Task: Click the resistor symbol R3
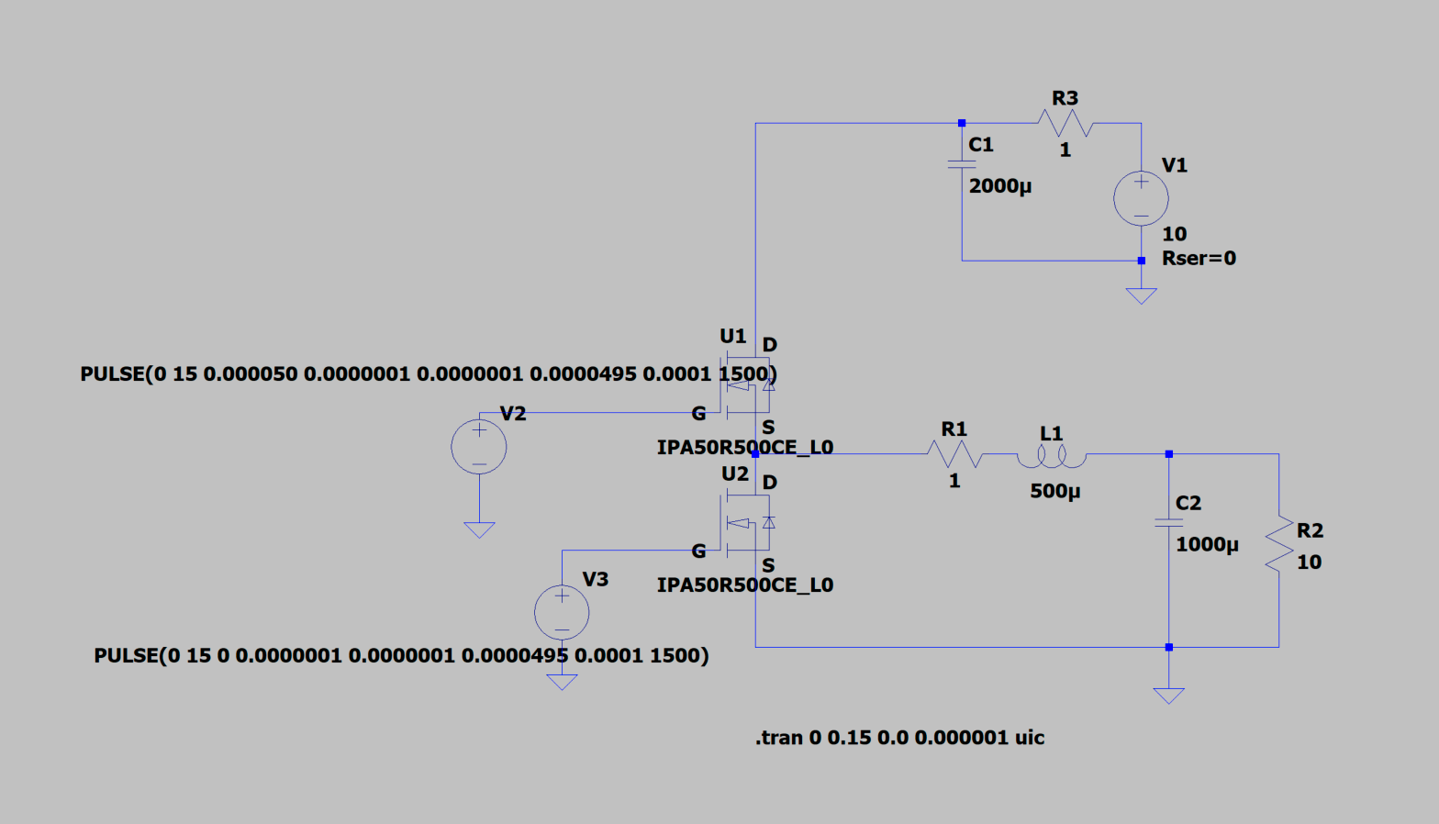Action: point(1065,122)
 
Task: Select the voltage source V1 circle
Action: point(1141,198)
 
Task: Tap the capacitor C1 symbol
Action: point(962,164)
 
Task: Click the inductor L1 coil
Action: point(1052,454)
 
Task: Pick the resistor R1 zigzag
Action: point(954,453)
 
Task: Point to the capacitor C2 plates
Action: point(1168,522)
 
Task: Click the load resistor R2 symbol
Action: point(1278,544)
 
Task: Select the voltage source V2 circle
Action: point(479,447)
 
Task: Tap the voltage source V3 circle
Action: point(562,612)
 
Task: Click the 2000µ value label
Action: point(1000,186)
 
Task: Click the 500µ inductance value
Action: point(1054,491)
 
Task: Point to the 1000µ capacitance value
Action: point(1207,545)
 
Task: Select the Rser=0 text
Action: point(1199,259)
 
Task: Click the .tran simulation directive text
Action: point(899,738)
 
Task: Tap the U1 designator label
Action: point(732,336)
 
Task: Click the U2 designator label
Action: point(734,474)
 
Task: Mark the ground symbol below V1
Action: point(1141,295)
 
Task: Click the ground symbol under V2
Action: point(479,529)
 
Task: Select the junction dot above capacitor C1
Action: point(962,123)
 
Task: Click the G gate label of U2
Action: point(698,551)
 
